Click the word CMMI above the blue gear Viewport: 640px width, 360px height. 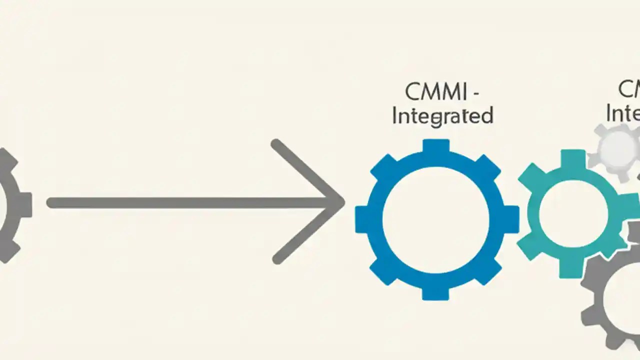pos(436,92)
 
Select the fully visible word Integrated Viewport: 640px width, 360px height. pos(442,116)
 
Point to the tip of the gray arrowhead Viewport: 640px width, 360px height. pos(342,202)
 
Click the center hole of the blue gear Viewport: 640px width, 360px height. pos(436,218)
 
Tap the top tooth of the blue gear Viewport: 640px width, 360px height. pos(436,146)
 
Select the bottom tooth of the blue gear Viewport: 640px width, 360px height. pos(436,292)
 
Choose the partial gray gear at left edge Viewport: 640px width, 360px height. pos(12,205)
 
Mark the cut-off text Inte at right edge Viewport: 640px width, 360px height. pos(623,113)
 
